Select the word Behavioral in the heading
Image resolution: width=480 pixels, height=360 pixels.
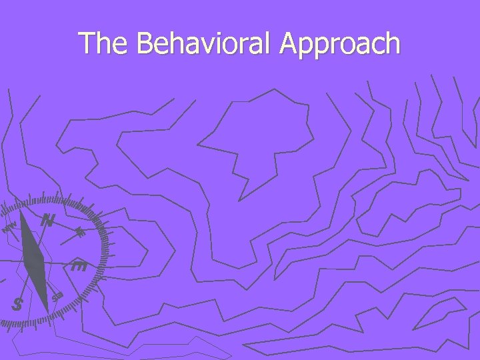tap(203, 44)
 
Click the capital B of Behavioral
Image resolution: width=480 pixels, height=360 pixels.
tap(145, 44)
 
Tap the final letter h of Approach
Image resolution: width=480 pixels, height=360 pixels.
tap(393, 44)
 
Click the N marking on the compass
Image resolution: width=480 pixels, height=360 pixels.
tap(47, 220)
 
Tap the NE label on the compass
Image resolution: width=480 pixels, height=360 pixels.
tap(80, 233)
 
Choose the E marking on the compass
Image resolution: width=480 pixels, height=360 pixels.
tap(79, 267)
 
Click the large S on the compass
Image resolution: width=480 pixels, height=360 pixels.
tap(18, 305)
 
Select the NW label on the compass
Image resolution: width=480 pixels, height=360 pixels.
tap(9, 229)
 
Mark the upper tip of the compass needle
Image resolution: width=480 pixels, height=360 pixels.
tap(21, 213)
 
